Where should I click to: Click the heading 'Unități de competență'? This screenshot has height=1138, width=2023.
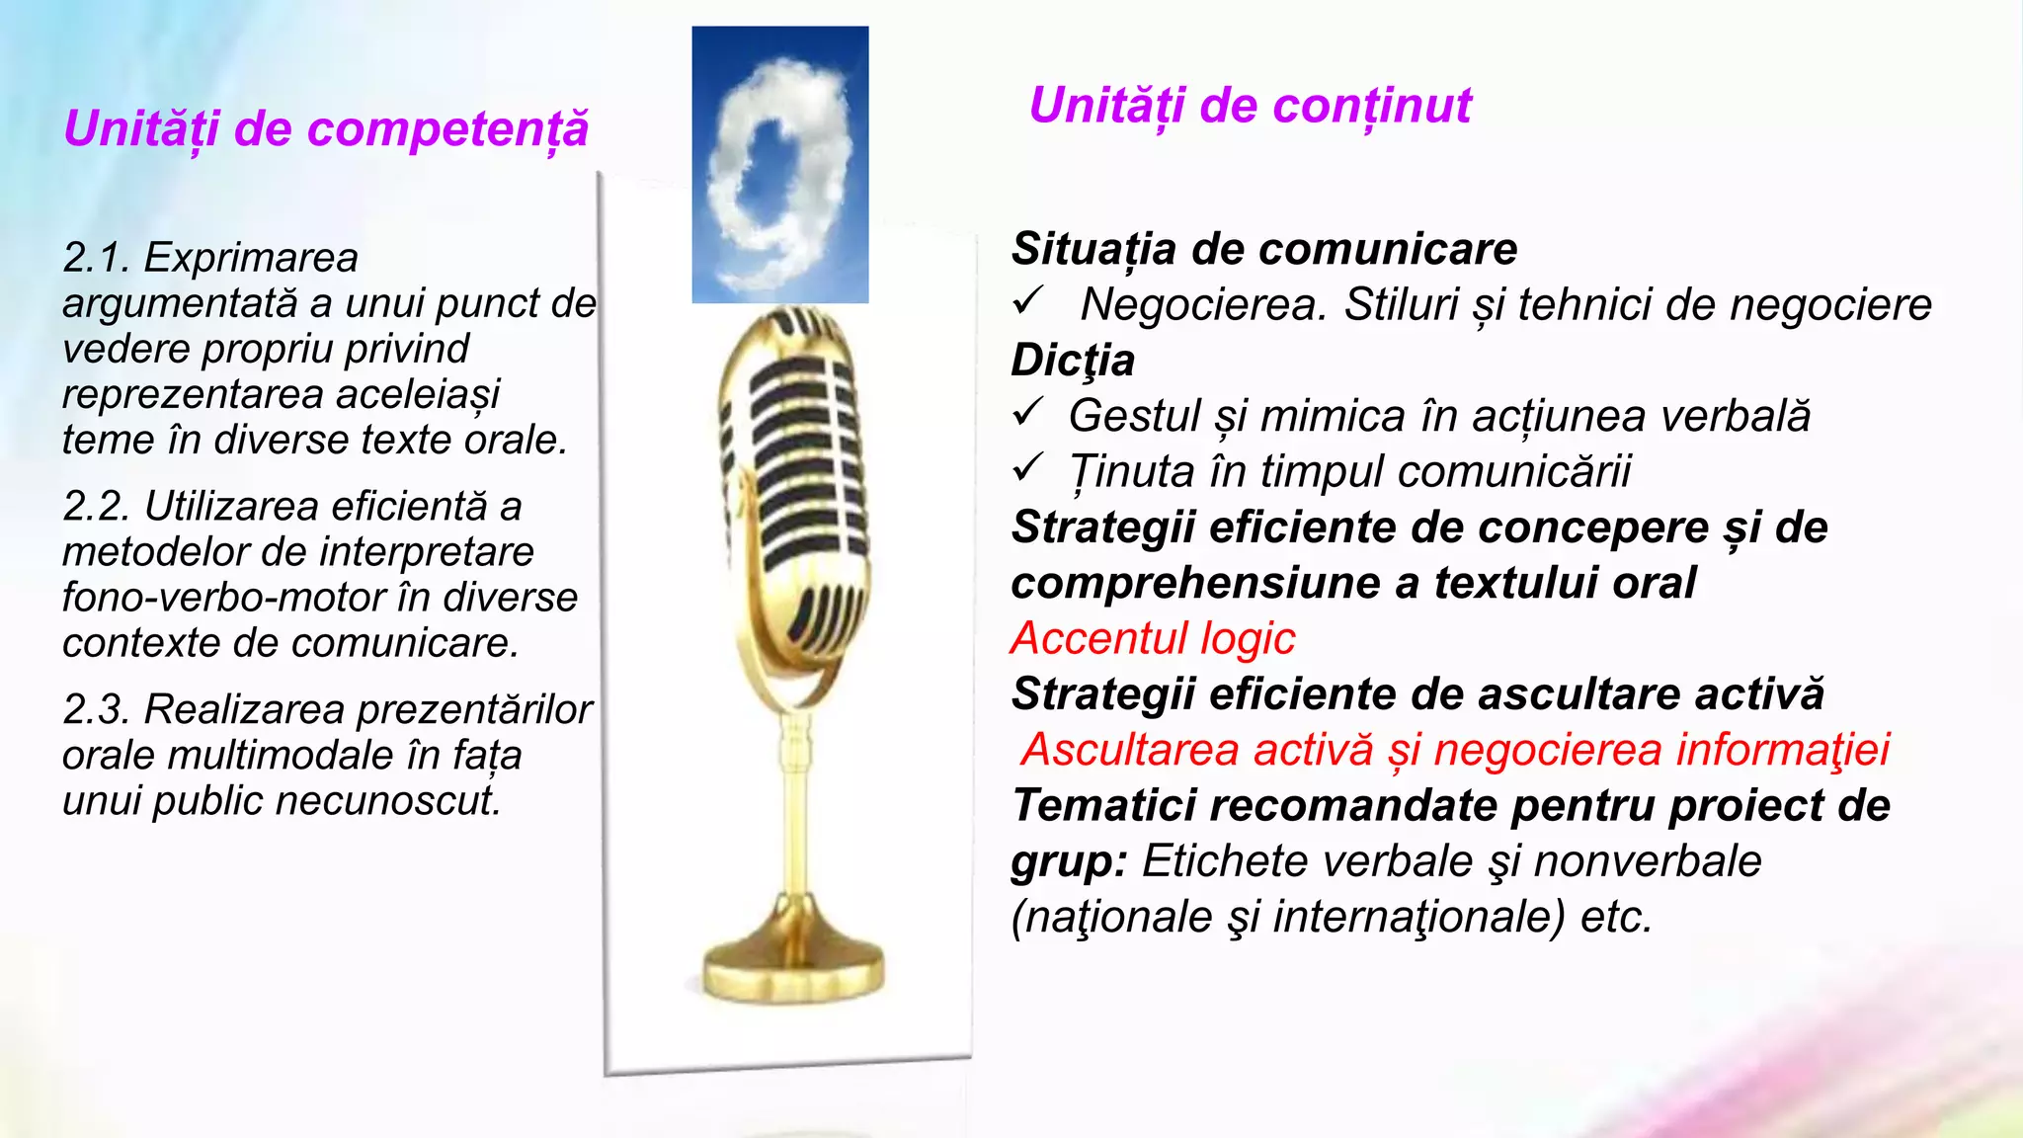[325, 129]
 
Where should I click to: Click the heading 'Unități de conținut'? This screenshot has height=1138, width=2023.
[1250, 106]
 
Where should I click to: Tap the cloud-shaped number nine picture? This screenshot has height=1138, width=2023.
[779, 165]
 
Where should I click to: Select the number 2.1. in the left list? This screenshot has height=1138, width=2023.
[96, 259]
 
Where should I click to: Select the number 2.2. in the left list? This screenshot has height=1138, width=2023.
[97, 507]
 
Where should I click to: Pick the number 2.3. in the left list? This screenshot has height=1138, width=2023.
[97, 710]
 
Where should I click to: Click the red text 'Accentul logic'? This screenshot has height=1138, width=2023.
[1152, 639]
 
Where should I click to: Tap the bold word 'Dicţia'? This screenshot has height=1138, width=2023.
[1072, 361]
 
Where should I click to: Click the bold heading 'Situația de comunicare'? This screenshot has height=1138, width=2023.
[1263, 249]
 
